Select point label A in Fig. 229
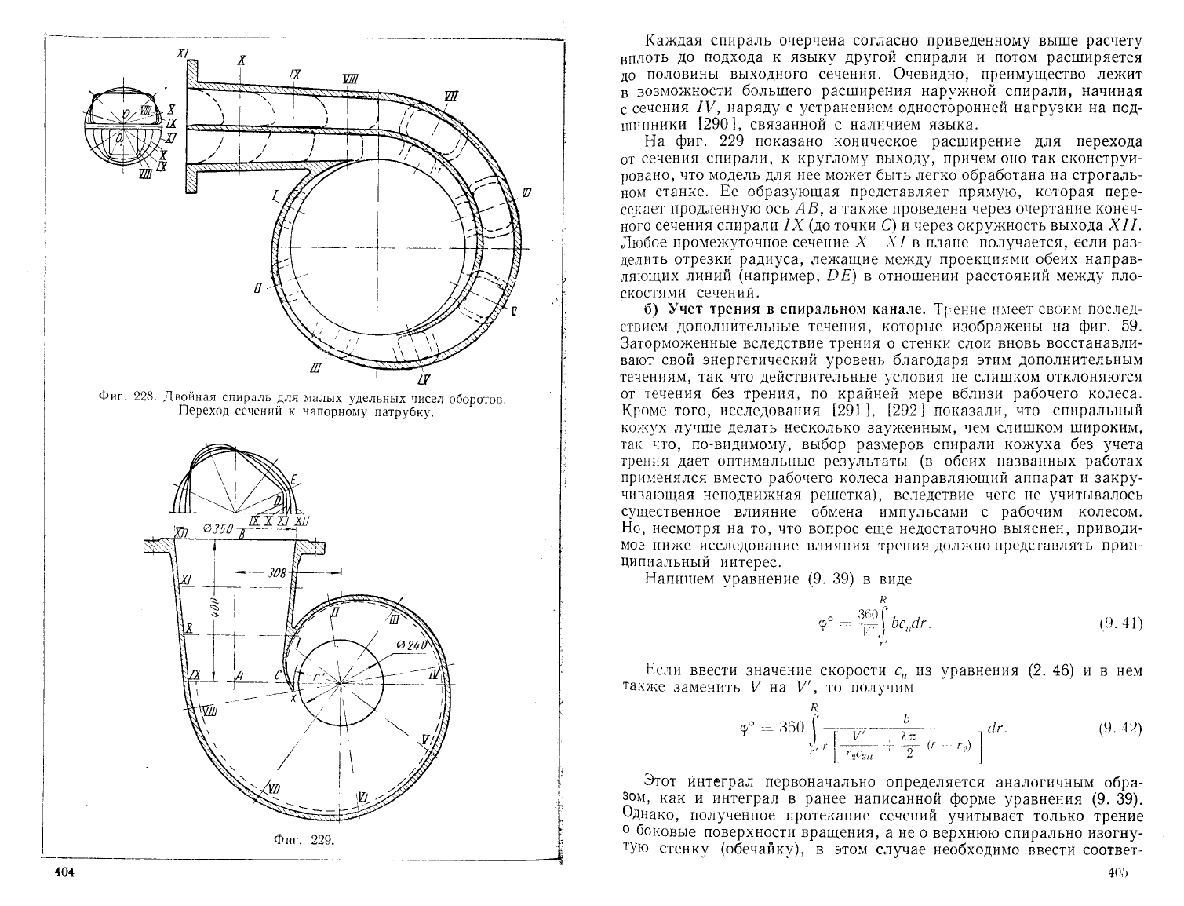tap(239, 676)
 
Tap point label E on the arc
tap(293, 480)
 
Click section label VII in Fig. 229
tap(274, 787)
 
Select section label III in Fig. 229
tap(393, 620)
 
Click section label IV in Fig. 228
tap(424, 380)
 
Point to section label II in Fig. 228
tap(258, 290)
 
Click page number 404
tap(60, 874)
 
